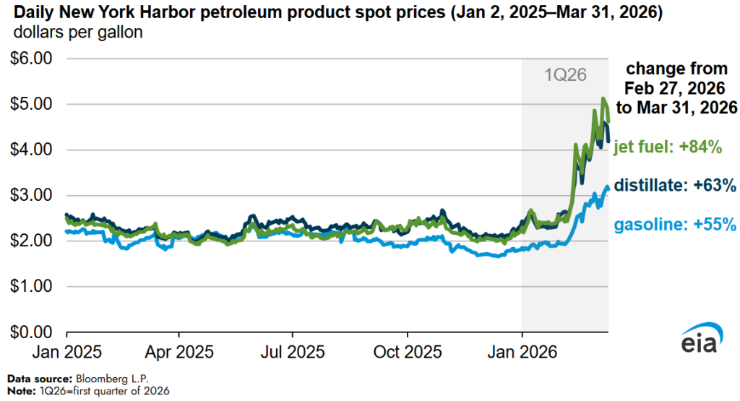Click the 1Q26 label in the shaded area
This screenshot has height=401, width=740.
[564, 74]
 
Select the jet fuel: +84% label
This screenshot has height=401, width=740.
[668, 148]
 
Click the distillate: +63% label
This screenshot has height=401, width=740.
[675, 185]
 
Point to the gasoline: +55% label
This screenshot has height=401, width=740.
[675, 225]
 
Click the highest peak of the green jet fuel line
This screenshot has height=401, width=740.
[603, 99]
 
